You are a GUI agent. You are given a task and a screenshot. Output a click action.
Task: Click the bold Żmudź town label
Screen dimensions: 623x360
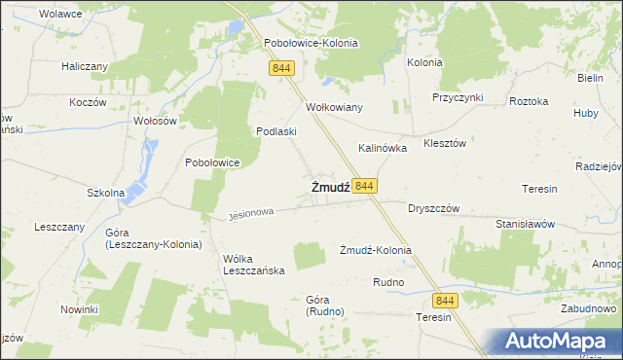(330, 187)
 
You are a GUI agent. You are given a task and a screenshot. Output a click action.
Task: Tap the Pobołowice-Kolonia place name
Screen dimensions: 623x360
(311, 44)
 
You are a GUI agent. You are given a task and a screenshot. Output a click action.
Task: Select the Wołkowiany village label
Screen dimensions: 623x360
(334, 107)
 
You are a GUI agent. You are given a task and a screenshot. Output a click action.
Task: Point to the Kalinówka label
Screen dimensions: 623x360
(383, 149)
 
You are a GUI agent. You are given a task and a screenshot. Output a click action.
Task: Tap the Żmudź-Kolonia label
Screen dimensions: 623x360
(375, 250)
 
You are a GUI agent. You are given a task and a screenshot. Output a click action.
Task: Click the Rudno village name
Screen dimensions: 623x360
(388, 282)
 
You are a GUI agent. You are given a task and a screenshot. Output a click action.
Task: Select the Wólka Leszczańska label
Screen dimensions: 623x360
(253, 265)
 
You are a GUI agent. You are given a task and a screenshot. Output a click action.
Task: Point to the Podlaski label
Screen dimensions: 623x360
(275, 131)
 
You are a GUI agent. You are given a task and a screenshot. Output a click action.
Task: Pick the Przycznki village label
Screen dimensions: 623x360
(458, 98)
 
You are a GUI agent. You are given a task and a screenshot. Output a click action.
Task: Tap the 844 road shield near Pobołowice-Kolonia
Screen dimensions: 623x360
(282, 67)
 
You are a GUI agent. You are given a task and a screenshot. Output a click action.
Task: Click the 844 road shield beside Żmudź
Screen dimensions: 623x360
(365, 186)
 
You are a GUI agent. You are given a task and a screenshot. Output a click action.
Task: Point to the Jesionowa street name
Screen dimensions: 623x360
(251, 211)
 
